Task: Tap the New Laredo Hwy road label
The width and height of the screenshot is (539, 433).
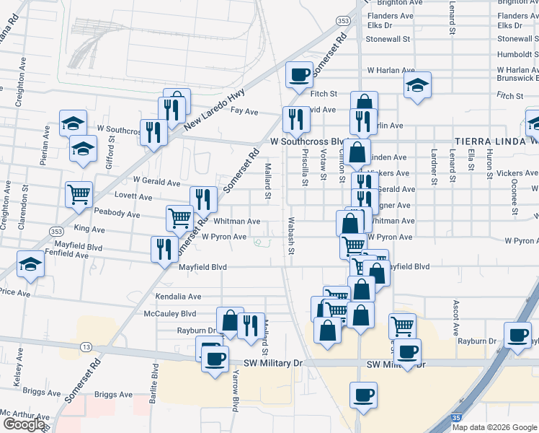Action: click(214, 109)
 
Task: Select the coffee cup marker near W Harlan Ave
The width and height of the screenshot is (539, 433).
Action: click(299, 74)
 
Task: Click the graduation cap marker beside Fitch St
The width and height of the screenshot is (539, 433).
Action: click(417, 85)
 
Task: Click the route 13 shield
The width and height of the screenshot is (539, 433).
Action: click(86, 347)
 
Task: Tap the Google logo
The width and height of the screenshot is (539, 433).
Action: click(24, 424)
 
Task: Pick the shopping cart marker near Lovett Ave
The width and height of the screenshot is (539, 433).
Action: click(79, 193)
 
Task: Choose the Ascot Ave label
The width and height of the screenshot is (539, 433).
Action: click(456, 320)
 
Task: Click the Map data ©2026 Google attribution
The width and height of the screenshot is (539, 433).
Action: click(494, 427)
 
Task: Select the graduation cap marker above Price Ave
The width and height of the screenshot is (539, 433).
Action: click(30, 264)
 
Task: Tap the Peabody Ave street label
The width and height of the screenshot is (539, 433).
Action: click(117, 214)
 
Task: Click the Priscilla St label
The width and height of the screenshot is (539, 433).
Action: click(305, 171)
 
